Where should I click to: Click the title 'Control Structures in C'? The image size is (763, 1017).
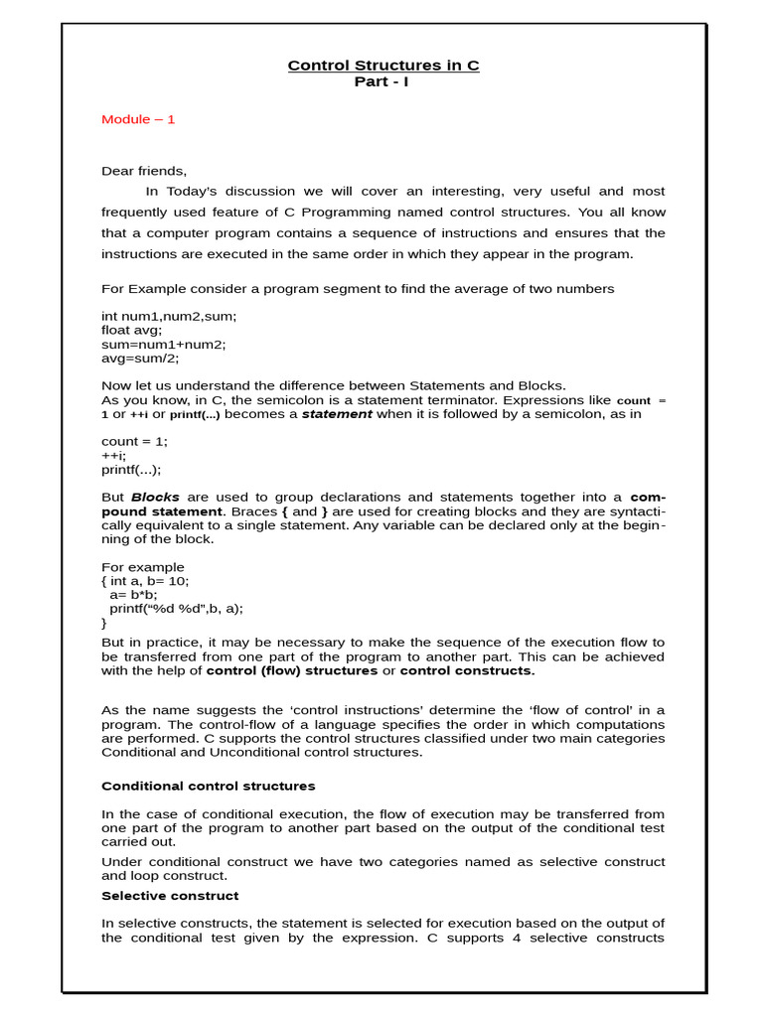(382, 66)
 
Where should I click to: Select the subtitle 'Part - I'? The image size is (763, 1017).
(381, 81)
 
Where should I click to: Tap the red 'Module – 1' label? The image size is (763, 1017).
(138, 119)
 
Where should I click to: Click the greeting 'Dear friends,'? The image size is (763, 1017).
(144, 171)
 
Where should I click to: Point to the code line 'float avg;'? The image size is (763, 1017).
(131, 330)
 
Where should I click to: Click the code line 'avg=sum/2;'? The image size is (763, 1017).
(140, 358)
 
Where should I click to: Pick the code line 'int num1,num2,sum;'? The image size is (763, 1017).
(169, 316)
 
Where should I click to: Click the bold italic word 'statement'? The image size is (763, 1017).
(337, 414)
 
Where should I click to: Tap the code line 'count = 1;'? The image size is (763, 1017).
(135, 441)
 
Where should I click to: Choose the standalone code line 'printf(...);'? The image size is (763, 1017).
(131, 469)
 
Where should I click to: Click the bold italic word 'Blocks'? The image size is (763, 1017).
(156, 497)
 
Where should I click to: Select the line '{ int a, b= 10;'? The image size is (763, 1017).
(145, 581)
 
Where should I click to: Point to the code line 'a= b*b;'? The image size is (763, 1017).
(133, 595)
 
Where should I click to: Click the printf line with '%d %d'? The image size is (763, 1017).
(176, 609)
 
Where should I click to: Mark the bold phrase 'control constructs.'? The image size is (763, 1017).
(467, 670)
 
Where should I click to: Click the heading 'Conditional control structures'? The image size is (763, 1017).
(209, 786)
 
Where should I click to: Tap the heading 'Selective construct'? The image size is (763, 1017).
(170, 895)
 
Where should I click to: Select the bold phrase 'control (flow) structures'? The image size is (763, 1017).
(292, 670)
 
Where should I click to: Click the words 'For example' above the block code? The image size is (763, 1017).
(143, 567)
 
